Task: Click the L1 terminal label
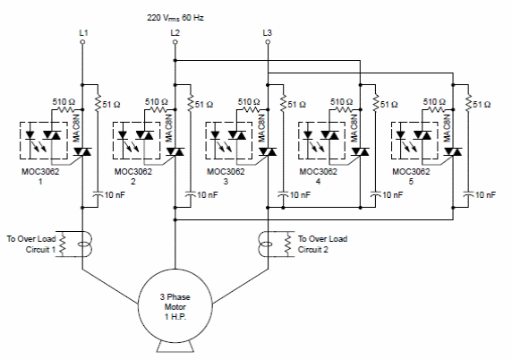pos(83,32)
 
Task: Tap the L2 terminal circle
pos(175,42)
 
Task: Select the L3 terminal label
pos(267,32)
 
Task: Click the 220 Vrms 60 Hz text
pos(175,18)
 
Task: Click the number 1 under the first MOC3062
pos(40,181)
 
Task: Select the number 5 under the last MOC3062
pos(411,181)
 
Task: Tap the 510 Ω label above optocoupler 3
pos(249,102)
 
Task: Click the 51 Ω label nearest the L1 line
pos(111,105)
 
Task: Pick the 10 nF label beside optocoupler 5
pos(485,195)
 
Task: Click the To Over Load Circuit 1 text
pos(31,244)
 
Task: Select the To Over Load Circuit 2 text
pos(322,244)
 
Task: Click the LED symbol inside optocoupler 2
pos(123,134)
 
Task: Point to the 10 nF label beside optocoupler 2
pos(208,195)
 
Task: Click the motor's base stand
pos(175,347)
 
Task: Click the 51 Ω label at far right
pos(482,105)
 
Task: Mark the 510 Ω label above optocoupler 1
pos(64,102)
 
